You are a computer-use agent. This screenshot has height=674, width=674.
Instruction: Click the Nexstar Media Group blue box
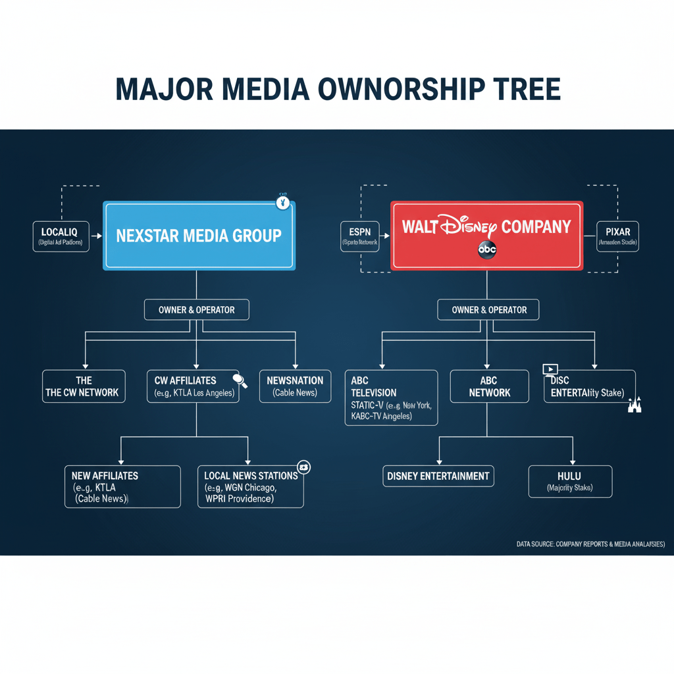coord(199,236)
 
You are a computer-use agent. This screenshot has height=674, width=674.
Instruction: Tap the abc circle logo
coord(487,250)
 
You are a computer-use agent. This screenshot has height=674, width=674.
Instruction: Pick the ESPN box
coord(359,236)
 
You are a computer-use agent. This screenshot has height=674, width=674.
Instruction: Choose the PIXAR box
coord(614,236)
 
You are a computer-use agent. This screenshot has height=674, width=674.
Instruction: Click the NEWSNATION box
coord(295,386)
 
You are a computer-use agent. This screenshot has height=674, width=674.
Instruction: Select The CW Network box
coord(84,386)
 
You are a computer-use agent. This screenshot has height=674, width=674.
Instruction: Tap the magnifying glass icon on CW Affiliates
coord(240,380)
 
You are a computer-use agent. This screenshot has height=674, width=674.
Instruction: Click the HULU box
coord(570,481)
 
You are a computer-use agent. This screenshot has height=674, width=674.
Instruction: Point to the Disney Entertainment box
coord(438,476)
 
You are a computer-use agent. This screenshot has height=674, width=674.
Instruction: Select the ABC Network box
coord(489,386)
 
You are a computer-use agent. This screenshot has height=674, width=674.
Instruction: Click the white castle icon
coord(634,404)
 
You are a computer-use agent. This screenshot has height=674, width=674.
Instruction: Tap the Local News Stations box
coord(251,486)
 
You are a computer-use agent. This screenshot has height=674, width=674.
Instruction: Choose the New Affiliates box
coord(122,486)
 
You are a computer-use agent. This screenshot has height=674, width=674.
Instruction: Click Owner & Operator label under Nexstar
coord(196,309)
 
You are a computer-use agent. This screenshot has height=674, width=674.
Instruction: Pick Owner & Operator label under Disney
coord(489,309)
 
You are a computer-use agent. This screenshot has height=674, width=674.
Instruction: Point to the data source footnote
coord(590,544)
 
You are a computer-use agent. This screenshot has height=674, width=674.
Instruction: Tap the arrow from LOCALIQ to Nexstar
coord(96,235)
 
